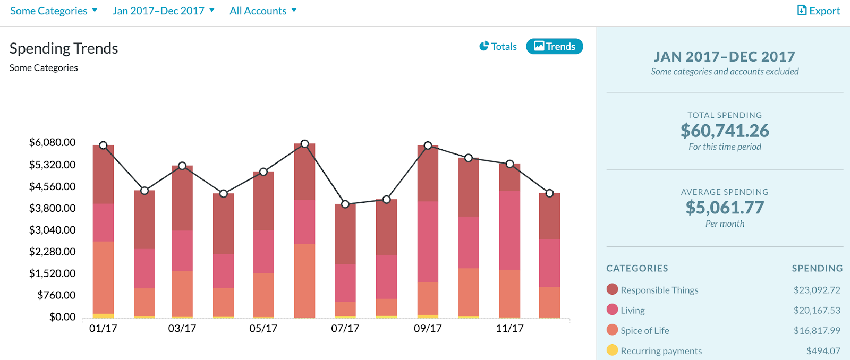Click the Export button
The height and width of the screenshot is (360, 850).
(819, 11)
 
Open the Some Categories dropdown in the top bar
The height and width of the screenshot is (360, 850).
(54, 11)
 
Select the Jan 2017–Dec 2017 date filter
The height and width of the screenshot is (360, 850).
(163, 11)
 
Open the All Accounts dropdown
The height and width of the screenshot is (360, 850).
(263, 11)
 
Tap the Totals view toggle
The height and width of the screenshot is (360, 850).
(498, 47)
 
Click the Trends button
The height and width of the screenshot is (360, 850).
(555, 47)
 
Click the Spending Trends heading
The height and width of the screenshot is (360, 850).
(64, 48)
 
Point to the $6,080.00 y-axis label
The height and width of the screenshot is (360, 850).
(52, 142)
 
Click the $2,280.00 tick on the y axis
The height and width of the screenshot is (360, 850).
(52, 252)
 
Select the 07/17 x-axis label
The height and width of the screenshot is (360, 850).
(345, 329)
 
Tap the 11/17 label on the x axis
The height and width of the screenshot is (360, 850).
(509, 329)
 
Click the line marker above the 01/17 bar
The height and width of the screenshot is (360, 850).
(103, 145)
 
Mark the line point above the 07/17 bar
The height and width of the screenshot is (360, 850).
(345, 204)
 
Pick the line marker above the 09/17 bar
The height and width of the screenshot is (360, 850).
(428, 145)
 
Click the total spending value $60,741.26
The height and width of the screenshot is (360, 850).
(725, 131)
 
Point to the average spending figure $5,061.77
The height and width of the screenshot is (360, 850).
(725, 208)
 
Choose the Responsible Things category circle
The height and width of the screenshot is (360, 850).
(612, 289)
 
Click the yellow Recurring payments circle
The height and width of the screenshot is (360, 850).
(612, 350)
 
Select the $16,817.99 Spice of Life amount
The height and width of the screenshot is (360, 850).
(817, 331)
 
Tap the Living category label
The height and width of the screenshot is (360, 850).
(632, 311)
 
